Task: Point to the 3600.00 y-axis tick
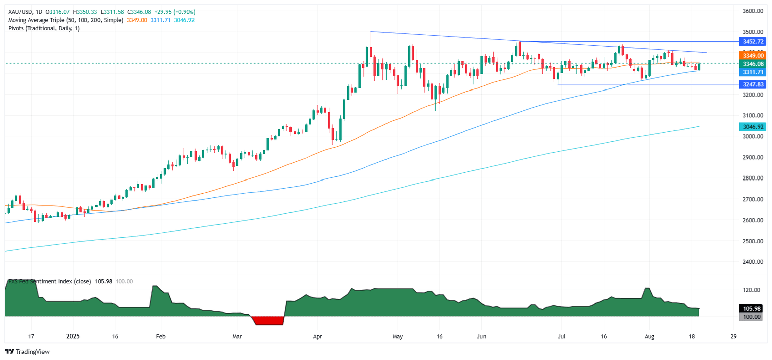pyautogui.click(x=753, y=11)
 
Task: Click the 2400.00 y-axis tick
pyautogui.click(x=753, y=262)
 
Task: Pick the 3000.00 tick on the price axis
pyautogui.click(x=753, y=137)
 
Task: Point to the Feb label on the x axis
pyautogui.click(x=160, y=337)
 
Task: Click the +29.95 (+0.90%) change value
pyautogui.click(x=177, y=12)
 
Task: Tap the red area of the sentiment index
pyautogui.click(x=267, y=320)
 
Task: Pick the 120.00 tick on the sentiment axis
pyautogui.click(x=752, y=290)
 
